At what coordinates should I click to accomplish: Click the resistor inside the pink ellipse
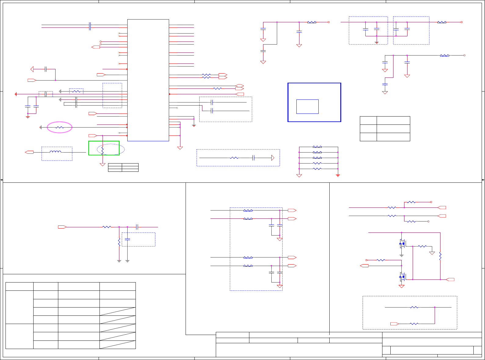pos(60,128)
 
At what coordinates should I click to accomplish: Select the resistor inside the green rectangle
pos(103,150)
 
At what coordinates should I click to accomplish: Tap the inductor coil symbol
pos(55,152)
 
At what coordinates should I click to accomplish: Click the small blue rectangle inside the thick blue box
pos(307,106)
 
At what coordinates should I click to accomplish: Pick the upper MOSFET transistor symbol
pos(402,243)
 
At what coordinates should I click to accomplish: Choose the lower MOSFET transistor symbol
pos(402,277)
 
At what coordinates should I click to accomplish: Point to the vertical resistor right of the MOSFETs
pos(440,256)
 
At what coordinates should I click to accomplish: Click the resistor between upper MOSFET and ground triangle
pos(422,246)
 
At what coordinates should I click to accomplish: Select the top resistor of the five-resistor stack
pos(317,147)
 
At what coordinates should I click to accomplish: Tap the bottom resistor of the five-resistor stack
pos(317,169)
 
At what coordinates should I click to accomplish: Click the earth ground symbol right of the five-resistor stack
pos(338,175)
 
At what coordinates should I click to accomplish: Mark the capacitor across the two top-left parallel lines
pos(90,26)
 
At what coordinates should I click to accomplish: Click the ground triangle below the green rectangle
pos(103,164)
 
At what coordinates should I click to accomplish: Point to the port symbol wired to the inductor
pos(30,152)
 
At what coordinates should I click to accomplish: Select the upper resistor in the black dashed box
pos(414,307)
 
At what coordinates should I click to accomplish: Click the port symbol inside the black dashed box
pos(394,324)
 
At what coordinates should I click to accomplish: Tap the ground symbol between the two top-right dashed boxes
pos(377,42)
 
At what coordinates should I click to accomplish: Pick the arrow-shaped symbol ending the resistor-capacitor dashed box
pos(273,158)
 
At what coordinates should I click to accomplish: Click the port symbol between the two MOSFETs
pos(364,266)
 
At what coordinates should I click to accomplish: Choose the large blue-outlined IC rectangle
pos(148,80)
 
